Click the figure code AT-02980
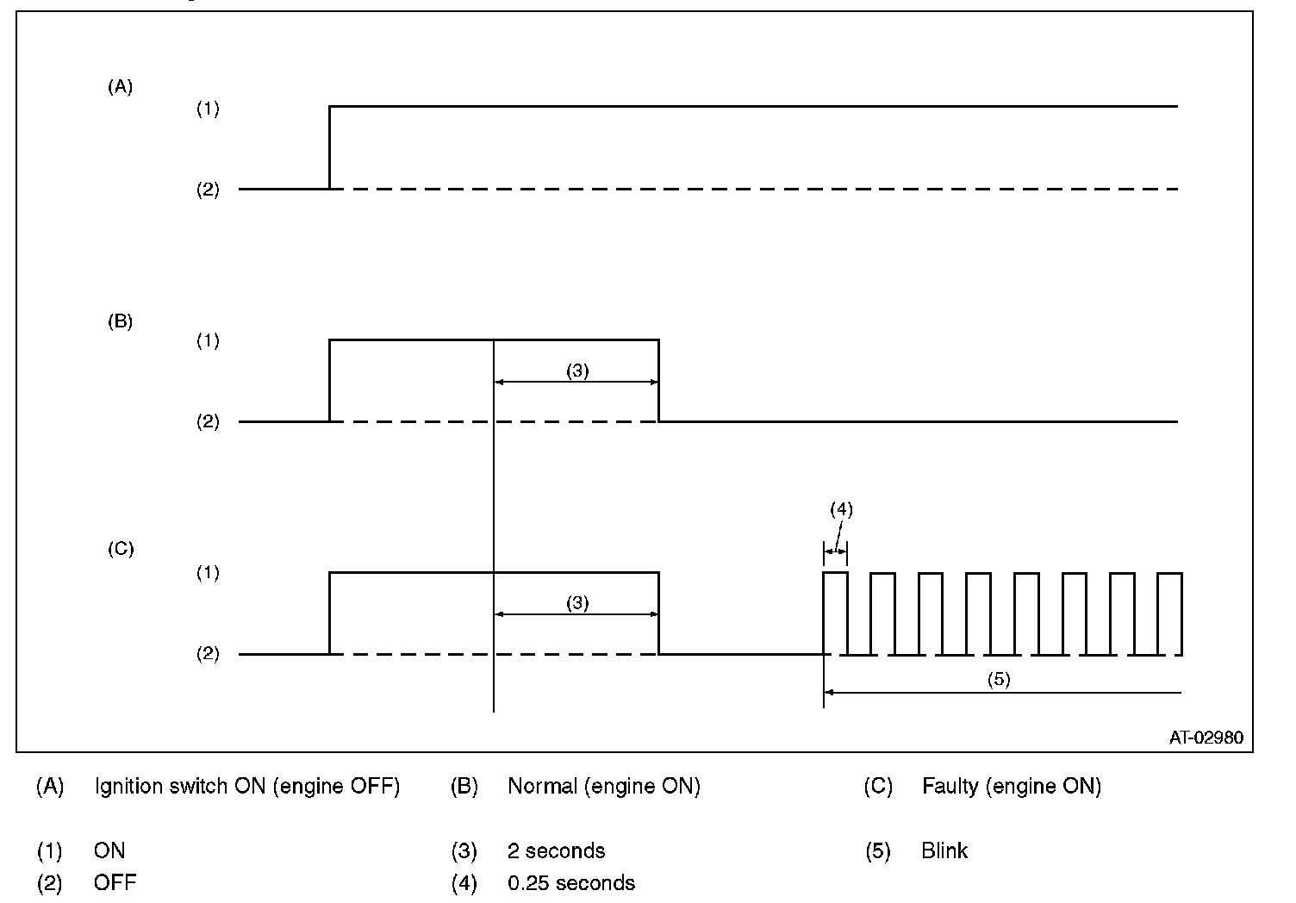(1206, 738)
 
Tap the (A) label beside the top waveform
(120, 86)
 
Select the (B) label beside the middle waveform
(120, 321)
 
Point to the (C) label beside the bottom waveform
(120, 549)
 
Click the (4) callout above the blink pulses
(841, 509)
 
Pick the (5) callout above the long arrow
(998, 679)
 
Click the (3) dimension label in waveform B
(577, 371)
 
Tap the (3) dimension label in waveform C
(577, 602)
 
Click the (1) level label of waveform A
(208, 109)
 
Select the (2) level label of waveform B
(208, 422)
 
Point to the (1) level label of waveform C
(208, 573)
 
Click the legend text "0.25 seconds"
(571, 883)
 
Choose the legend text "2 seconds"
(556, 851)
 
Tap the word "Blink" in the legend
(944, 851)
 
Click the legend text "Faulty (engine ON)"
(1011, 786)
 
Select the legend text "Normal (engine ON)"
(603, 786)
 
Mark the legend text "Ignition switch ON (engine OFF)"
(247, 786)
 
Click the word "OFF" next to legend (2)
(115, 883)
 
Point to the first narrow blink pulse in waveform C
(836, 613)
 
